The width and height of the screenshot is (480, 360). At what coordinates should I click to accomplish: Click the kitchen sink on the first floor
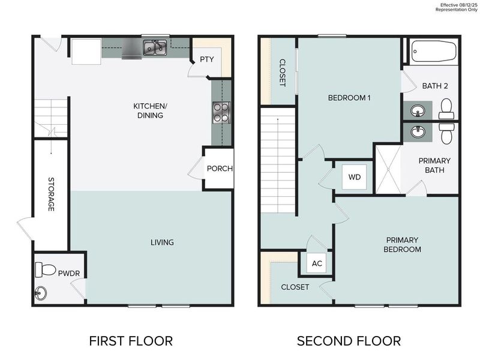click(x=154, y=47)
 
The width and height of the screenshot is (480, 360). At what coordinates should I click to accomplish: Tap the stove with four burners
click(x=221, y=112)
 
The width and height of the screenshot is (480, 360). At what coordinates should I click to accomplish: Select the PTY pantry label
click(x=206, y=59)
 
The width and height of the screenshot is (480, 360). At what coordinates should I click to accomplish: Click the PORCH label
click(x=220, y=169)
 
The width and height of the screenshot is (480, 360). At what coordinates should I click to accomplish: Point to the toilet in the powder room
click(x=44, y=269)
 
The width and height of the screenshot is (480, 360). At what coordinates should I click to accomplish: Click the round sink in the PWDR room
click(x=41, y=293)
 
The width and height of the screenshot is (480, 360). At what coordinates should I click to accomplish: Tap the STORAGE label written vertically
click(x=51, y=194)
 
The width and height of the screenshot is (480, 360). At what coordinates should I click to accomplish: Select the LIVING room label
click(x=162, y=242)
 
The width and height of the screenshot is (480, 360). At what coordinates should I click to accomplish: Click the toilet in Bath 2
click(x=446, y=109)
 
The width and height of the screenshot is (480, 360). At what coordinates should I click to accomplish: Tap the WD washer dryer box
click(x=354, y=177)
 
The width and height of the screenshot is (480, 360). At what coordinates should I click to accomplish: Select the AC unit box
click(x=317, y=263)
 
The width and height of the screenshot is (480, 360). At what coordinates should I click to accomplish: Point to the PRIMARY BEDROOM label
click(x=403, y=244)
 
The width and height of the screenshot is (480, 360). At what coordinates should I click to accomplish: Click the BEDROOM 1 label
click(x=349, y=97)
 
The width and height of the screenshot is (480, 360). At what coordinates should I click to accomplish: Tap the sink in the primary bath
click(x=417, y=131)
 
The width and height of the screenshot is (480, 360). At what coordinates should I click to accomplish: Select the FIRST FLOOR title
click(x=131, y=341)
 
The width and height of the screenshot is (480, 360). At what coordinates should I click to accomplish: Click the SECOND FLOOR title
click(x=349, y=341)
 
